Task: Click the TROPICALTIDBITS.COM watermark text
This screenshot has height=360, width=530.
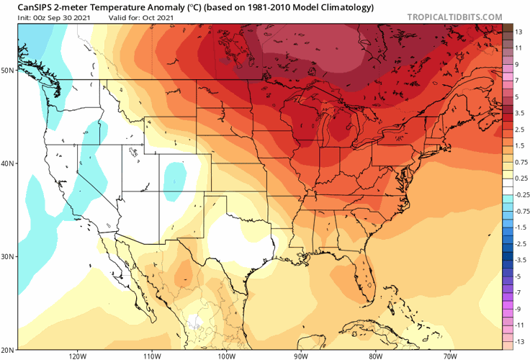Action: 455,16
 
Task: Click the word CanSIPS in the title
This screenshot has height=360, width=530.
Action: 26,8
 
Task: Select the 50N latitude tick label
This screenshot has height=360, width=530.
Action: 7,71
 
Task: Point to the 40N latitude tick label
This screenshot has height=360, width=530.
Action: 7,163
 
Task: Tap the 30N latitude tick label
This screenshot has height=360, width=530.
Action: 7,256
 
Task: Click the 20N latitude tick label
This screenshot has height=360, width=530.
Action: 7,349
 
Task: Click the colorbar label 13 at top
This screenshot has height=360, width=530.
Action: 517,32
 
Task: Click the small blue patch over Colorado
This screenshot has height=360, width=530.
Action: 174,176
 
